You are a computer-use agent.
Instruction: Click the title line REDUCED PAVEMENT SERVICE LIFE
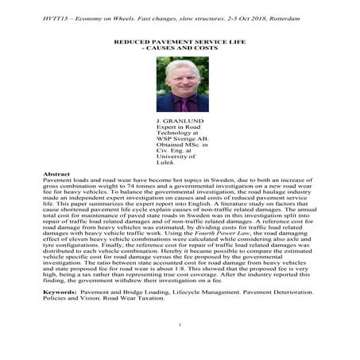click(180, 40)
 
